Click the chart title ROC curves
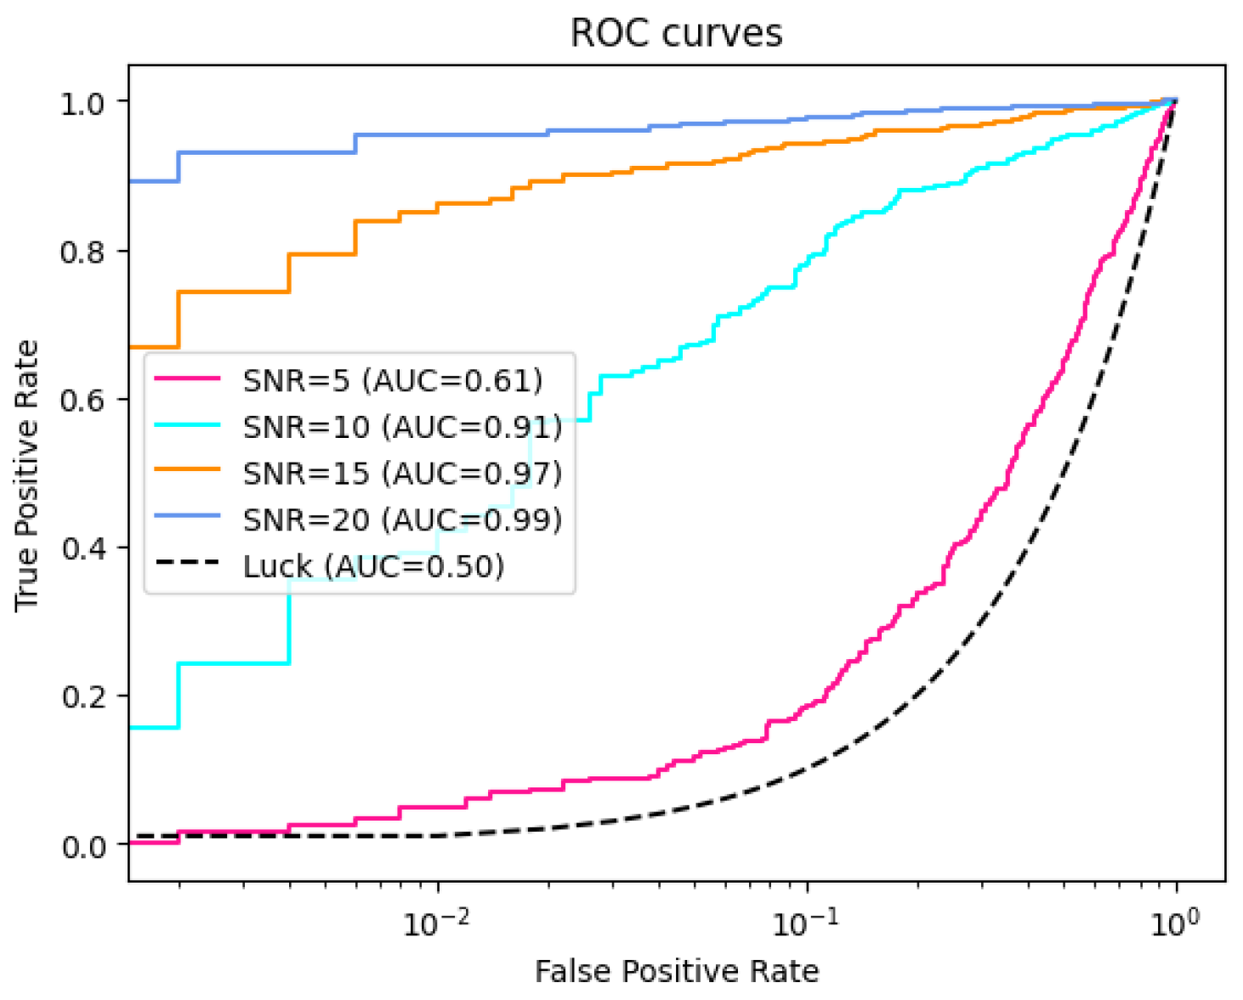pyautogui.click(x=676, y=33)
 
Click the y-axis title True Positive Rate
pyautogui.click(x=27, y=474)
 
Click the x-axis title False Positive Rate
pyautogui.click(x=677, y=970)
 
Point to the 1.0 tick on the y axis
pyautogui.click(x=82, y=104)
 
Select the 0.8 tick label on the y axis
pyautogui.click(x=82, y=252)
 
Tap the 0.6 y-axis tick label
pyautogui.click(x=82, y=400)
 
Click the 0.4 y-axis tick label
pyautogui.click(x=82, y=548)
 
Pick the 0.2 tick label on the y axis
pyautogui.click(x=82, y=696)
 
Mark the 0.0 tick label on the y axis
pyautogui.click(x=82, y=846)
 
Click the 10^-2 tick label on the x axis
pyautogui.click(x=436, y=922)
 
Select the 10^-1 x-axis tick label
pyautogui.click(x=805, y=922)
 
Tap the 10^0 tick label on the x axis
pyautogui.click(x=1175, y=922)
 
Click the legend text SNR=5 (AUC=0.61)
pyautogui.click(x=393, y=380)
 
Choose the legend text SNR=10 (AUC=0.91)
pyautogui.click(x=402, y=427)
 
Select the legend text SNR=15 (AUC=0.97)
pyautogui.click(x=402, y=473)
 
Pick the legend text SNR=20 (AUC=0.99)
pyautogui.click(x=402, y=519)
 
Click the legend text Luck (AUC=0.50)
pyautogui.click(x=373, y=565)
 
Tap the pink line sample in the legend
pyautogui.click(x=188, y=378)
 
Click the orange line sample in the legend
pyautogui.click(x=188, y=470)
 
